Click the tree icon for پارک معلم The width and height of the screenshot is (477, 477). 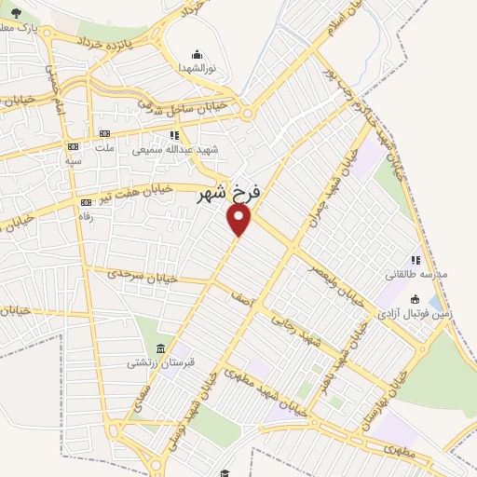tap(16, 12)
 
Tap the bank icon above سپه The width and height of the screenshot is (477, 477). tap(74, 146)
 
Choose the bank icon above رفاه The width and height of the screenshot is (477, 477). tap(87, 202)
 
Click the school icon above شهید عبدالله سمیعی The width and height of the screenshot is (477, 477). tap(175, 134)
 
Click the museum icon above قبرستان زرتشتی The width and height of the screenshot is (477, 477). tap(162, 348)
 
